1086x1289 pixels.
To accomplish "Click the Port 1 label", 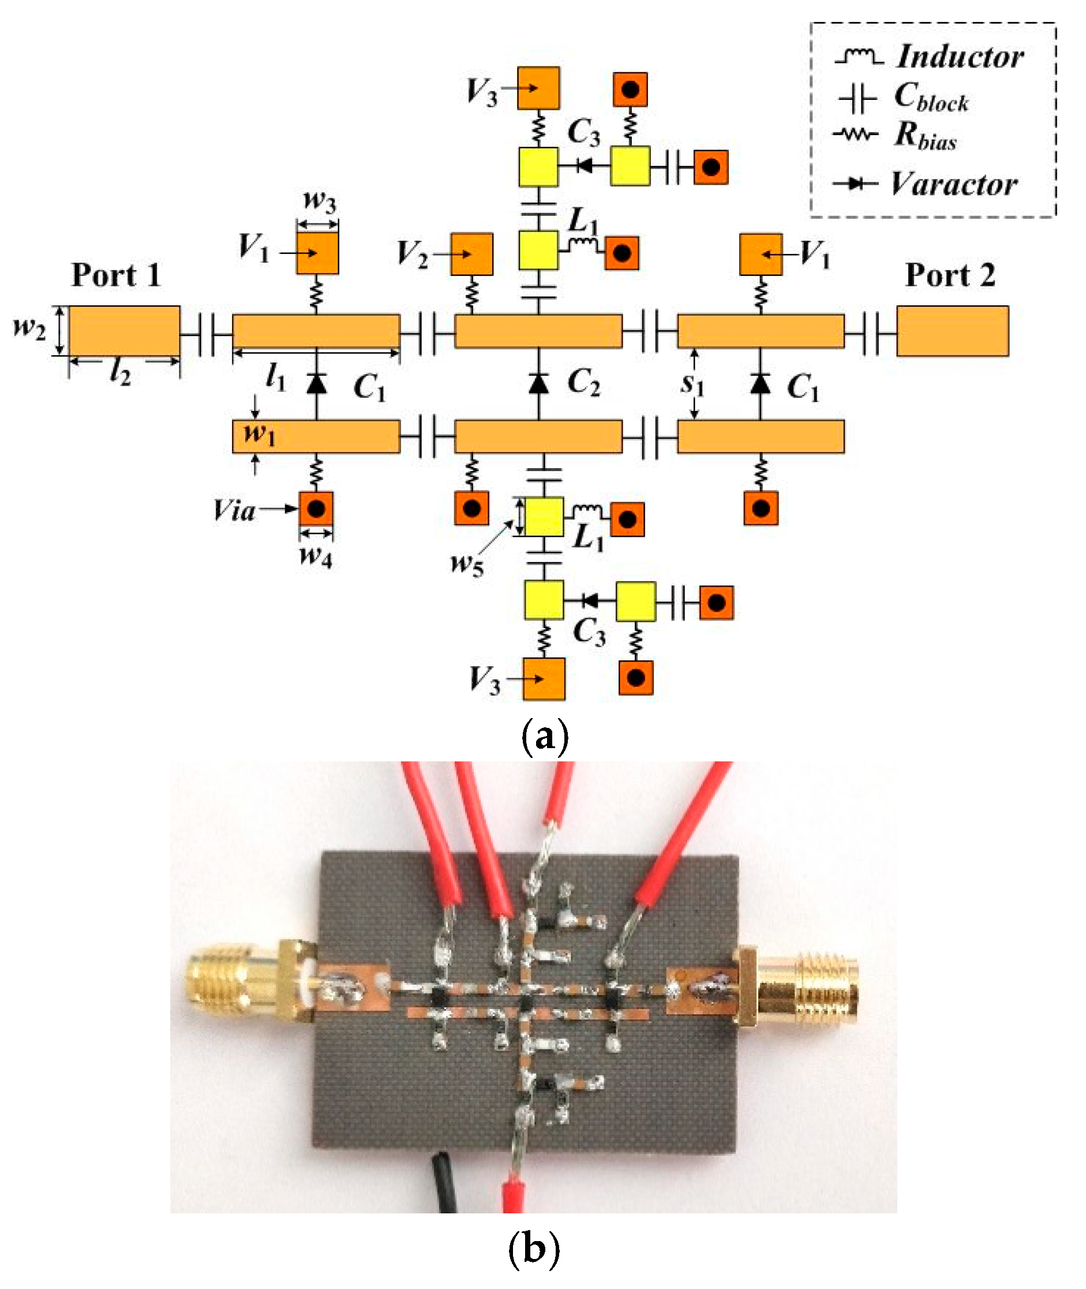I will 116,275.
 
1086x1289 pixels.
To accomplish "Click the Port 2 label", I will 949,275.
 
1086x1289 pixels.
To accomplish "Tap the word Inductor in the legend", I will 960,57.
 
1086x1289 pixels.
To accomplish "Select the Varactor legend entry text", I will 954,184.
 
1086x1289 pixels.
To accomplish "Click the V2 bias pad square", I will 471,254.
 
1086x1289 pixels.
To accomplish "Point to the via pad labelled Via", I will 316,509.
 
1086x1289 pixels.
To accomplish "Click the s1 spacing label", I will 692,383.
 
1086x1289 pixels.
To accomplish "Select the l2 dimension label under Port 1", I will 120,372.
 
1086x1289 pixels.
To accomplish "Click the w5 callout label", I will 467,563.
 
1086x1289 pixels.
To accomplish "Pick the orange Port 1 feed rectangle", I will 125,331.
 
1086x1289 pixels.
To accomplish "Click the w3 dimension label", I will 320,201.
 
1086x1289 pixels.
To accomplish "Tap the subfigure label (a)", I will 544,735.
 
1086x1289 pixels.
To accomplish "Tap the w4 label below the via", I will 315,555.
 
